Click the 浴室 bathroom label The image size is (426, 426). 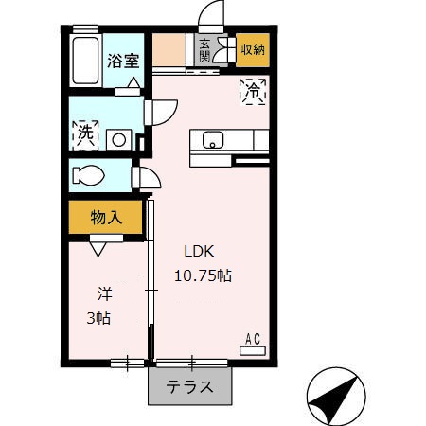123,62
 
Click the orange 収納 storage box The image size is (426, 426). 252,49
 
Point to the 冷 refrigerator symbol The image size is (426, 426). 254,92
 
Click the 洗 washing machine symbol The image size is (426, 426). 86,133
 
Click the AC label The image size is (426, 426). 254,338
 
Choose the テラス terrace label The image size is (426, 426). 189,386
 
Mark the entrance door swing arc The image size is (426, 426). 210,17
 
